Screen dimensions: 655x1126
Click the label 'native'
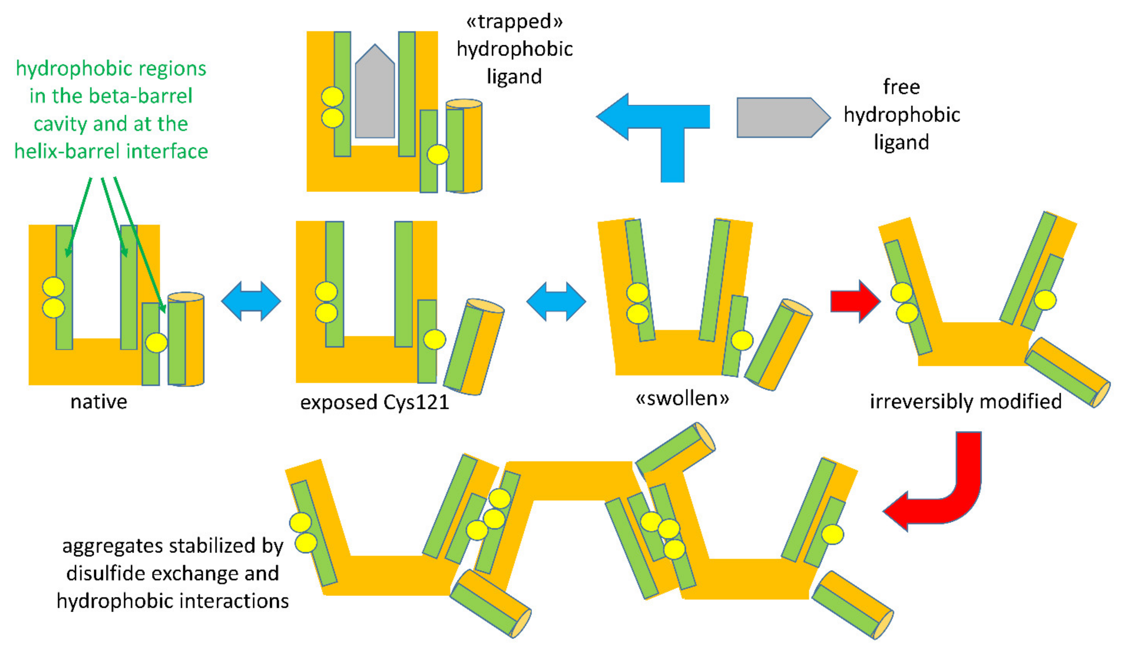point(99,402)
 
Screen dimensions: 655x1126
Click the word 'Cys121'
point(415,403)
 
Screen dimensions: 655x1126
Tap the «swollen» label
point(682,398)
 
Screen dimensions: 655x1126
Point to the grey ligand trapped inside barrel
point(374,96)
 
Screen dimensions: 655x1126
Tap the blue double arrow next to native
point(251,301)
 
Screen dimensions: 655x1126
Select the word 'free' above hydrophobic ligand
point(901,87)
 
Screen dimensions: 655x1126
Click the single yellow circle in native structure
point(156,343)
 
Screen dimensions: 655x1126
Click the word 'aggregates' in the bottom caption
point(112,546)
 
